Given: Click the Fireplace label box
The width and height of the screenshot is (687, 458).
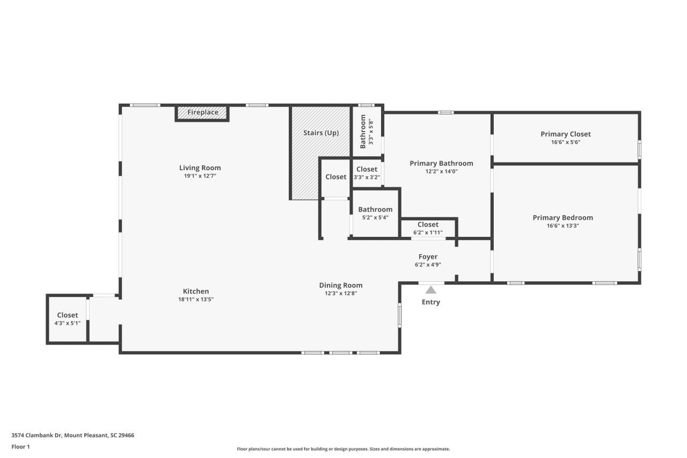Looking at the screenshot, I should coord(202,113).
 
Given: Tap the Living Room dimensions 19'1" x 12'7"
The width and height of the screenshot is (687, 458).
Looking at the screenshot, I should coord(200,176).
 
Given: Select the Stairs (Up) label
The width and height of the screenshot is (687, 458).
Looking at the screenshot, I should coord(320,133).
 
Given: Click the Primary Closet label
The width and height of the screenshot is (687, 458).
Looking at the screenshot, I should coord(565,134).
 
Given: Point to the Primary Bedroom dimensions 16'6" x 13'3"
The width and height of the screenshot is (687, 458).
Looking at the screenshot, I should coord(562,226).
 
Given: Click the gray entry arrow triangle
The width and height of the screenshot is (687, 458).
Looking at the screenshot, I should coord(430,290).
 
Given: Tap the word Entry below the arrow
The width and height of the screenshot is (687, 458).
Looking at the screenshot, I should coord(430,302).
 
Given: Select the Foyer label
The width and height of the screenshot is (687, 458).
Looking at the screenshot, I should coord(428,257).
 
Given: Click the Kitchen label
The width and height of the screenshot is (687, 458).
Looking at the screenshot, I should coord(195,292).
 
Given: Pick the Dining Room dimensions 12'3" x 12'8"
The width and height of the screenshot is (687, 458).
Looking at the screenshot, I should coord(340,294).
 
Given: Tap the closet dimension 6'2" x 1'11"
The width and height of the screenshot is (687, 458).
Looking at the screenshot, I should coord(428,232).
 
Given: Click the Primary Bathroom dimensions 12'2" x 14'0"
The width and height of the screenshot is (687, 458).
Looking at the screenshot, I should coord(441,172).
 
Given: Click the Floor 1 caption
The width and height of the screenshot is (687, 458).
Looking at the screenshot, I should coord(20,447).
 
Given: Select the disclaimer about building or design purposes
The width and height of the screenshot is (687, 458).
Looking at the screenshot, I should coord(343,449).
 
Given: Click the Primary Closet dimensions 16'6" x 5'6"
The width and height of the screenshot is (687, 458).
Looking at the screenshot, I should coord(565,142).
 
